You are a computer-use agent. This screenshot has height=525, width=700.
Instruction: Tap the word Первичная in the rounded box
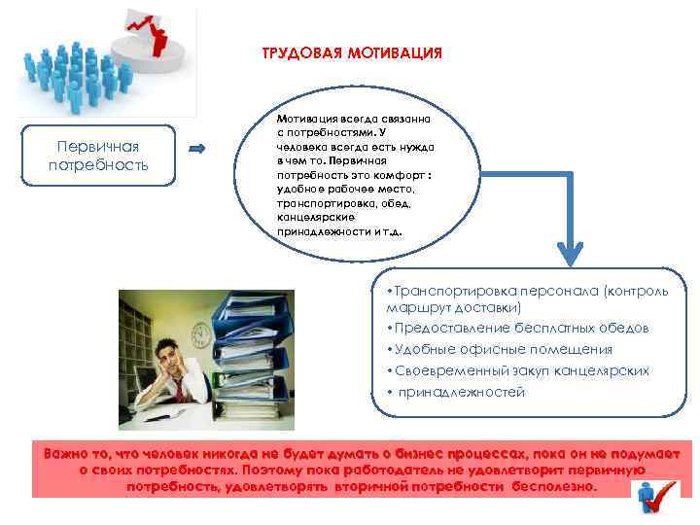point(97,146)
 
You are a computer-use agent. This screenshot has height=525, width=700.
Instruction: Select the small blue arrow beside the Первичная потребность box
point(195,149)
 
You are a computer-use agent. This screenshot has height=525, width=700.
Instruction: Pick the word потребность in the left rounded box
point(97,165)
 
